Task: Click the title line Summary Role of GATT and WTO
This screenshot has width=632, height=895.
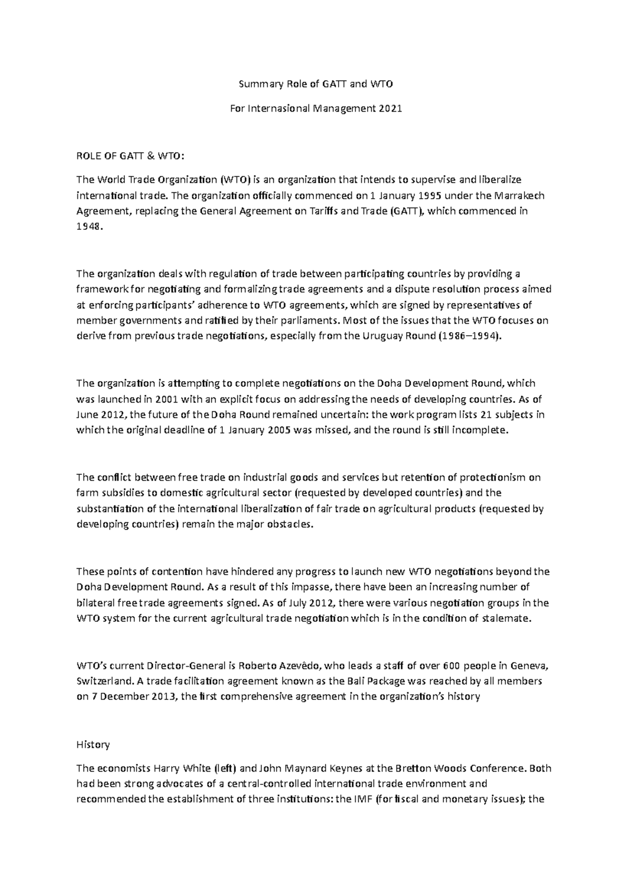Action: tap(316, 84)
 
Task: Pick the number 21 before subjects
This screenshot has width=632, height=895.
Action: tap(478, 414)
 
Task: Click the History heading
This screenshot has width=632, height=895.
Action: tap(93, 744)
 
